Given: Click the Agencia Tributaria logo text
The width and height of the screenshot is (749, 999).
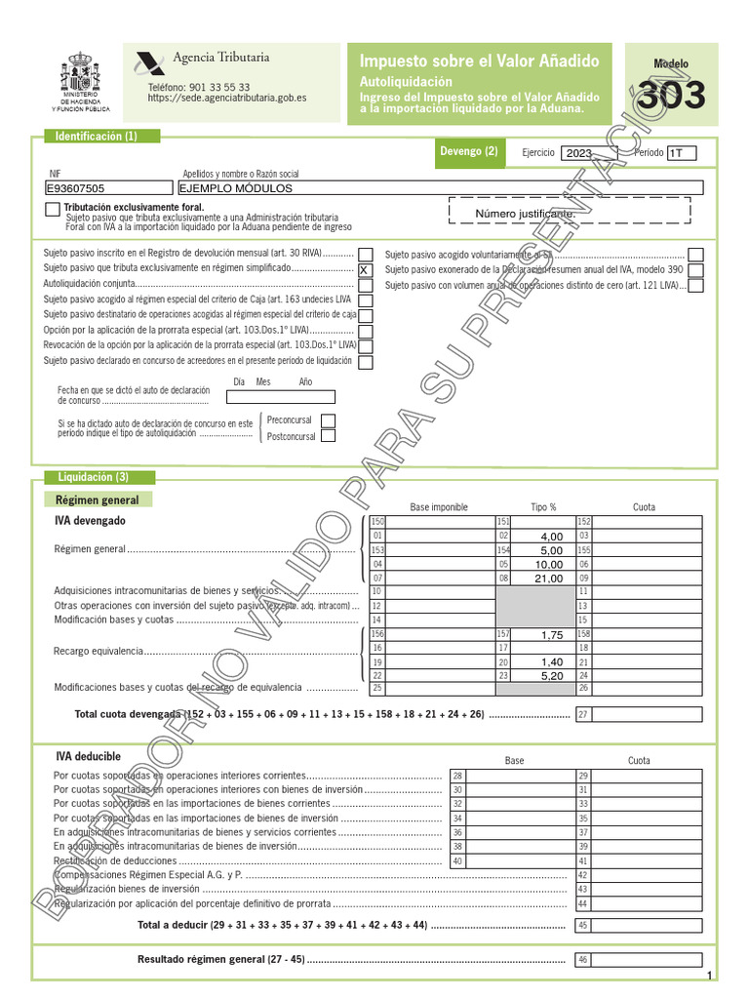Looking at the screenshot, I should point(220,58).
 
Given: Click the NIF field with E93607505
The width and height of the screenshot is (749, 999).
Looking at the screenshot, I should point(109,189).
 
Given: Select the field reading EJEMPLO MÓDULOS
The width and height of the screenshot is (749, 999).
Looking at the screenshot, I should point(440,189).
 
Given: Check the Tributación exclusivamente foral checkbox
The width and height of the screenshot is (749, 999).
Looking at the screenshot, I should point(52,210).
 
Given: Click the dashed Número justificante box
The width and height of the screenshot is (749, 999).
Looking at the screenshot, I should point(568,213).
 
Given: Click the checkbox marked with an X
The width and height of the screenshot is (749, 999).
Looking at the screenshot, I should point(366,269).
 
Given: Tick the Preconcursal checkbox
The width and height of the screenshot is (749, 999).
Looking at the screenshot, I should point(329,420).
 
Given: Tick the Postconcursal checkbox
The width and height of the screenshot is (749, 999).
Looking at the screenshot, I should point(329,436).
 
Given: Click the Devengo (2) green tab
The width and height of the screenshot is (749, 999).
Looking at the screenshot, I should point(469,151).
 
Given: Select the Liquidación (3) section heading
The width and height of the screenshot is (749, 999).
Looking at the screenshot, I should point(94,477).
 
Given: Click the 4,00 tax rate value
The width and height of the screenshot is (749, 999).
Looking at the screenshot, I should point(551,537).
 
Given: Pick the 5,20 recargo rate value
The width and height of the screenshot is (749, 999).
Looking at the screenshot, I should point(551,675).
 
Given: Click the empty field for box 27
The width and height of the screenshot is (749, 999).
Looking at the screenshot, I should point(647,715).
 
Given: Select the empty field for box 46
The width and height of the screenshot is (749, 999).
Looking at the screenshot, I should point(647,960).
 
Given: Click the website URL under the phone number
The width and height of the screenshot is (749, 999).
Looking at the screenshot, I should point(227,99).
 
